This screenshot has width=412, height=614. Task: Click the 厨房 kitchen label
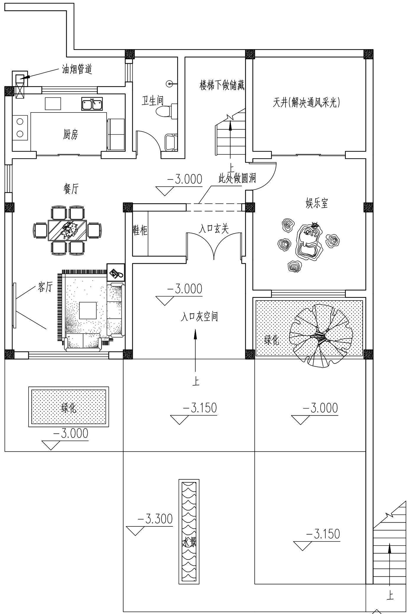[71, 134]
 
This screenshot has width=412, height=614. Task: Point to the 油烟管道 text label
[77, 69]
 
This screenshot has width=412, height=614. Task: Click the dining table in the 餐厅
[67, 231]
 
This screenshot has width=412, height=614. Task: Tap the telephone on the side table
[116, 273]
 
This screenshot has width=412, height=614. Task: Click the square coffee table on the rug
[88, 310]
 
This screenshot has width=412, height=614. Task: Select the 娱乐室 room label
[317, 203]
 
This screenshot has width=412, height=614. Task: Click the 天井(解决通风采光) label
[307, 103]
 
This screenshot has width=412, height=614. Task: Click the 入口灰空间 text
[200, 317]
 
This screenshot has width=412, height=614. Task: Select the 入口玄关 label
[214, 229]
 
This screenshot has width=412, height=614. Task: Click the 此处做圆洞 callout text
[237, 178]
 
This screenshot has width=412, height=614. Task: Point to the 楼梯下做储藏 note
[222, 85]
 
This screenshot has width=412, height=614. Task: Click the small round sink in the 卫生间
[170, 83]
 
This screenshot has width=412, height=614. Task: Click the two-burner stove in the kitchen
[20, 128]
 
